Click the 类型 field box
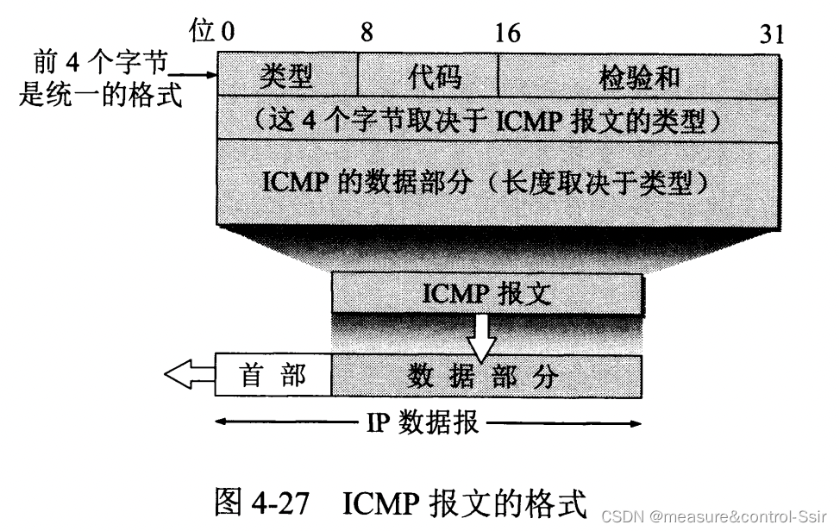coord(286,77)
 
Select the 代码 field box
coord(429,77)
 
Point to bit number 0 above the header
coord(227,33)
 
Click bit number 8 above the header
coord(367,33)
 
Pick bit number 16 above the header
coord(509,33)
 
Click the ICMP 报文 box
coord(486,294)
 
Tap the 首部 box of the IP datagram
coord(273,376)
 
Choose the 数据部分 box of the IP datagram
coord(485,376)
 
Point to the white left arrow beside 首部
coord(188,375)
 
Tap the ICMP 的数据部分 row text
coord(488,182)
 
